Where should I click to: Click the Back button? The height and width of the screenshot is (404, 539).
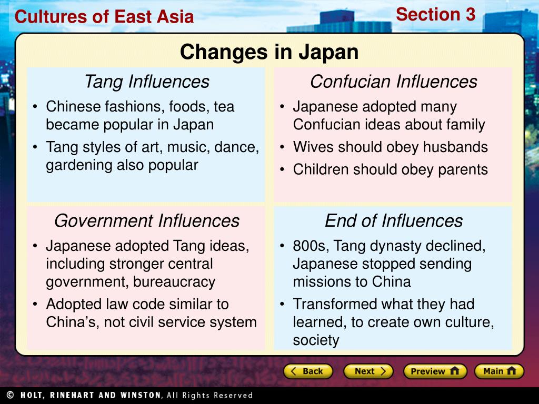click(x=308, y=371)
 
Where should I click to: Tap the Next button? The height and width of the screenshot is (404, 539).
click(x=368, y=371)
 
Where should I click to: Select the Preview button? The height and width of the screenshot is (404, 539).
click(x=435, y=371)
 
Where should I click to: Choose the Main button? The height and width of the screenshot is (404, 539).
click(x=498, y=371)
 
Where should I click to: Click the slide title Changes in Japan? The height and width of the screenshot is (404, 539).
click(x=269, y=52)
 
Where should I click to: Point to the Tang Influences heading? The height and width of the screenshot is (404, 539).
click(x=146, y=82)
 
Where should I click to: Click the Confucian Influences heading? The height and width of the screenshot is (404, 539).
click(x=393, y=82)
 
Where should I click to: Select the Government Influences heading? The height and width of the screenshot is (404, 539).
click(x=146, y=220)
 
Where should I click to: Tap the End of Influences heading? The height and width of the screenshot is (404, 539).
click(x=393, y=220)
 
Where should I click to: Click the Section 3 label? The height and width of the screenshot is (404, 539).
click(x=435, y=15)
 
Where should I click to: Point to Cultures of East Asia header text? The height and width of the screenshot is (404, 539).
click(x=104, y=17)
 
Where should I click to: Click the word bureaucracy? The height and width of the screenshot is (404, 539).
click(x=174, y=282)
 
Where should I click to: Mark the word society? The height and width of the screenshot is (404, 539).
click(x=316, y=340)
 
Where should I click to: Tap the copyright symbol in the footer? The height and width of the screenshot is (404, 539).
click(x=10, y=395)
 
